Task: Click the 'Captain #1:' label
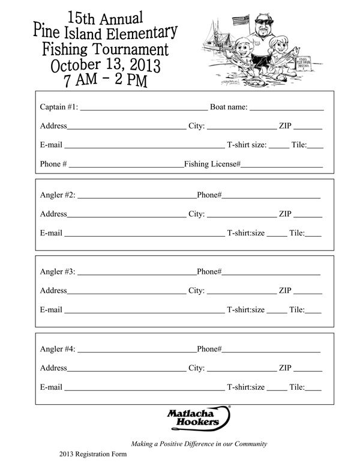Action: [59, 107]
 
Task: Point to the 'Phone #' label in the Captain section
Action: [53, 164]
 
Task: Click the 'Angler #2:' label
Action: [58, 195]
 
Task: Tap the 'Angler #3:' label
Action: [58, 272]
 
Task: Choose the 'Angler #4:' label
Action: [58, 349]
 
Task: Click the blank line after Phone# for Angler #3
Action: [271, 273]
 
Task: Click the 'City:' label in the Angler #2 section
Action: [197, 214]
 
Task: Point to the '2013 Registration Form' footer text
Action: [93, 455]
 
